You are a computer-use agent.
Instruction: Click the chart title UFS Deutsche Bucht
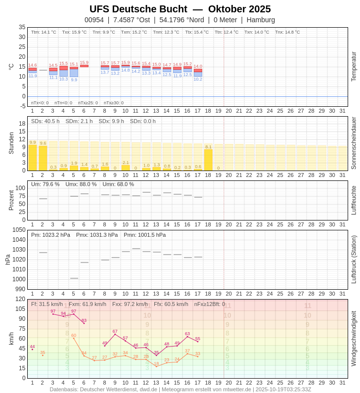tap(138, 9)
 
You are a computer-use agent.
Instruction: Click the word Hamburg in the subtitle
tap(261, 20)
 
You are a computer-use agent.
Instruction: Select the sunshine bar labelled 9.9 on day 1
tap(33, 157)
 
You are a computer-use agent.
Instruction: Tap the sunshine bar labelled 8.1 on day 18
tap(208, 159)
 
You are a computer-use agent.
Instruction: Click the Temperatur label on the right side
tap(354, 67)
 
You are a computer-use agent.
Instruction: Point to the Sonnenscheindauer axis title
tap(354, 143)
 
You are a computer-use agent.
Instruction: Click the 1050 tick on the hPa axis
tap(19, 230)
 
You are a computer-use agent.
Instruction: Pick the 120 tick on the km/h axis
tap(20, 299)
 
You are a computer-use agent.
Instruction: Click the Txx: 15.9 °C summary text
tap(74, 32)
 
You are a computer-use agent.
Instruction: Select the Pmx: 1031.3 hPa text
tap(97, 235)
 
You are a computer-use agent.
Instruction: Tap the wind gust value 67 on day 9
tap(115, 332)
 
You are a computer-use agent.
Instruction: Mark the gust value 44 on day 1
tap(32, 347)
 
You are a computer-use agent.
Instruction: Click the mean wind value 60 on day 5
tap(74, 336)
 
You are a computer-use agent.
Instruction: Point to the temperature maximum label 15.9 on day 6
tap(84, 63)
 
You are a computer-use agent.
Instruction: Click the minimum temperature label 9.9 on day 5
tap(74, 80)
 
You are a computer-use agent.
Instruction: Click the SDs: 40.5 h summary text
tap(45, 121)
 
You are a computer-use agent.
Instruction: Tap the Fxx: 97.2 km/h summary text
tap(130, 304)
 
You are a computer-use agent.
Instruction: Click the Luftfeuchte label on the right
tap(354, 200)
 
